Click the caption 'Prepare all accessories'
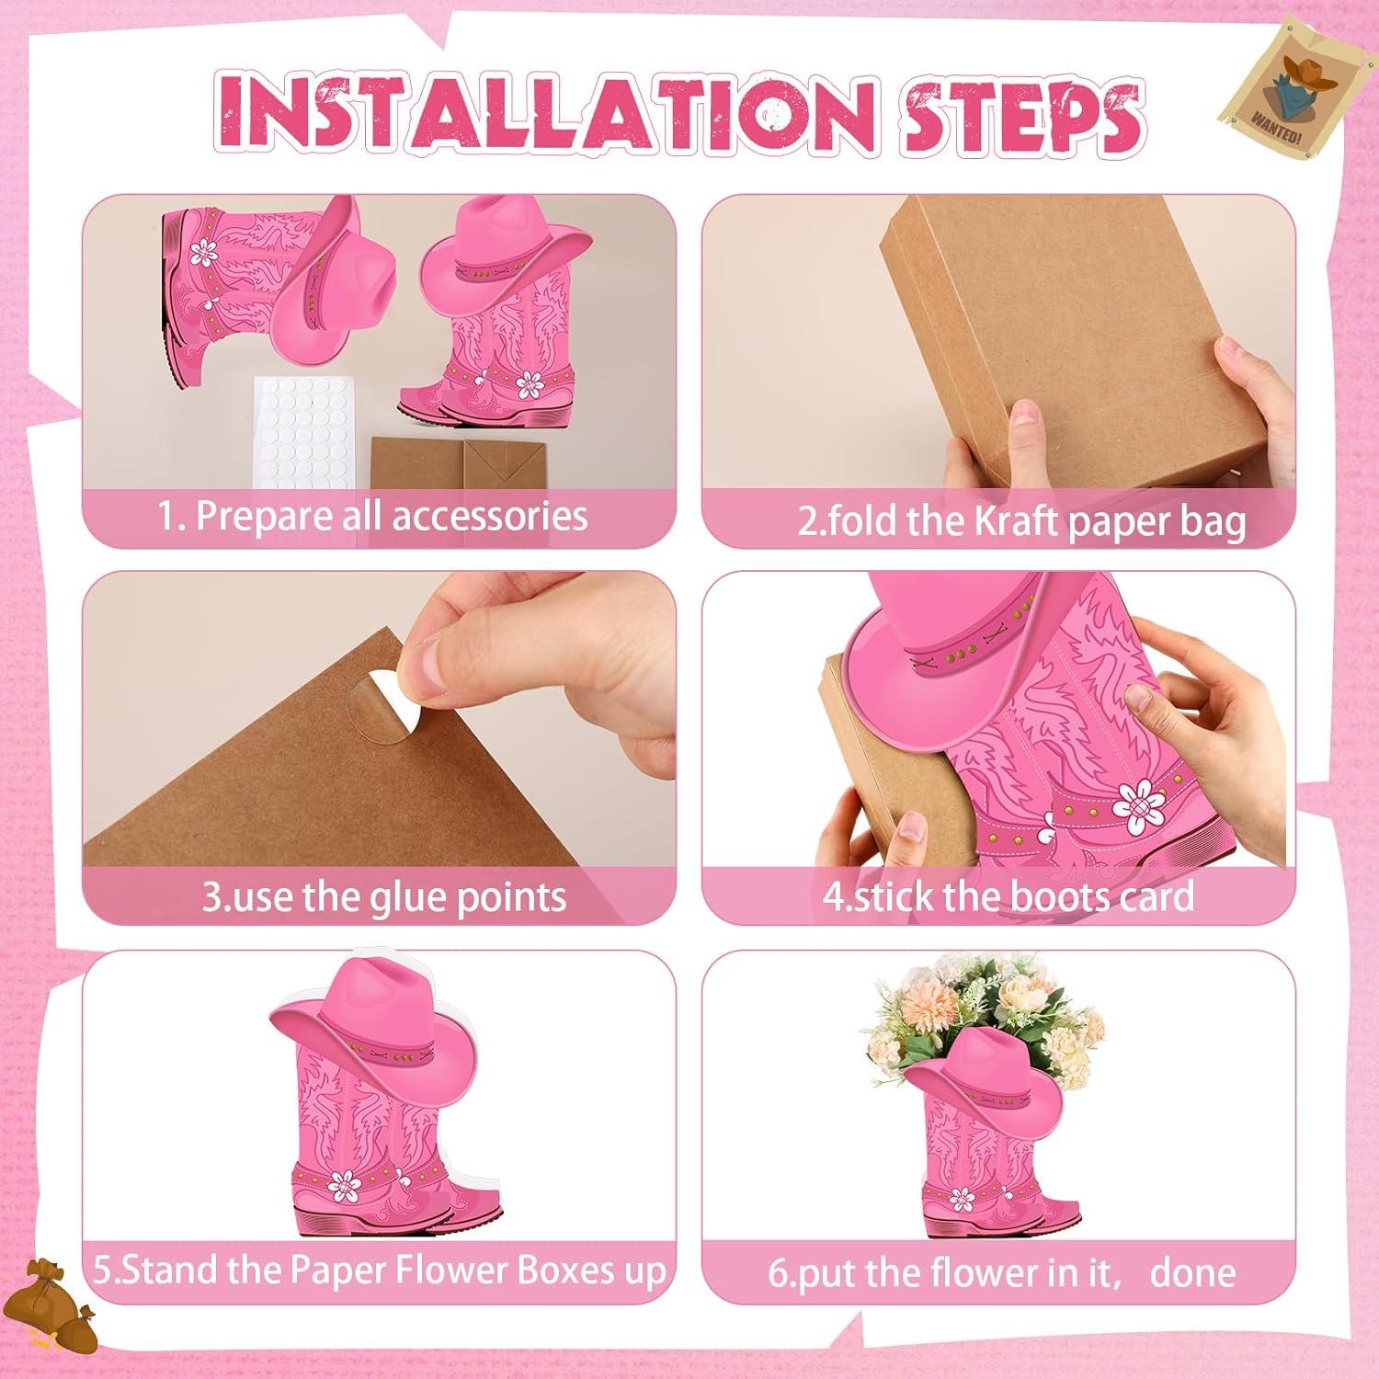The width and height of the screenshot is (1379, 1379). tap(372, 516)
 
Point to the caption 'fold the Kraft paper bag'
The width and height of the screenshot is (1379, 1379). tap(1020, 520)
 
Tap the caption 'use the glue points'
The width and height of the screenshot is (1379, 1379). tap(384, 896)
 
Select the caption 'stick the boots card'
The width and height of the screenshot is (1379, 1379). tap(1008, 895)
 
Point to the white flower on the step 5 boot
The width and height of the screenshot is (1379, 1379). tap(346, 1185)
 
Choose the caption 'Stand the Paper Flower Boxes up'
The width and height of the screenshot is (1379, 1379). tap(379, 1270)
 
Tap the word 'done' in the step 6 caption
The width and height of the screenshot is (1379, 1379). tap(1192, 1273)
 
